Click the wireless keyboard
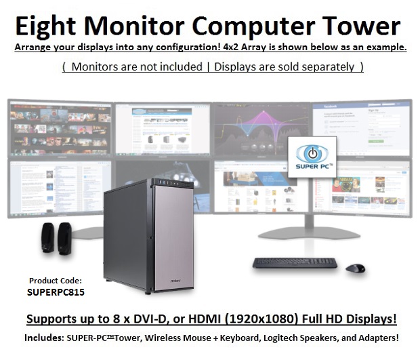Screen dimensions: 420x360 [295, 262]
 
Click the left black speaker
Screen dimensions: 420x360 [49, 238]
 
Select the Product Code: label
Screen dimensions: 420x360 [56, 281]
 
